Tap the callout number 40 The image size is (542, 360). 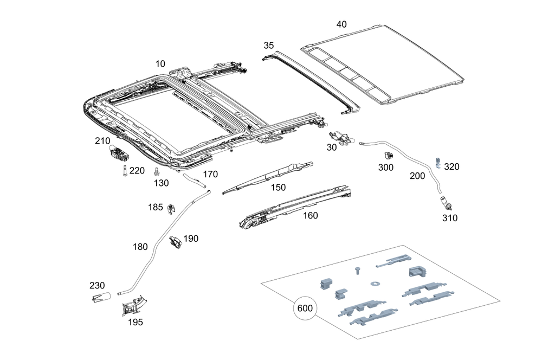coord(341,24)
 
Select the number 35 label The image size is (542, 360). coord(269,46)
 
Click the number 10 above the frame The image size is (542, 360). coord(160,64)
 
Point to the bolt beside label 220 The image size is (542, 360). coord(124,171)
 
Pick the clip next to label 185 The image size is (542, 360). coord(172,208)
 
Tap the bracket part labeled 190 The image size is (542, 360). coord(176,242)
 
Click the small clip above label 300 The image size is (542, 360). coord(389,157)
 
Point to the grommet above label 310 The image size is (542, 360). coord(448,205)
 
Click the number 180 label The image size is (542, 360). coord(140,247)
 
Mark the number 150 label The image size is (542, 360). coord(278,187)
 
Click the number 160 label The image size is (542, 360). coord(310,215)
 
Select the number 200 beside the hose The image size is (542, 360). coord(417,176)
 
